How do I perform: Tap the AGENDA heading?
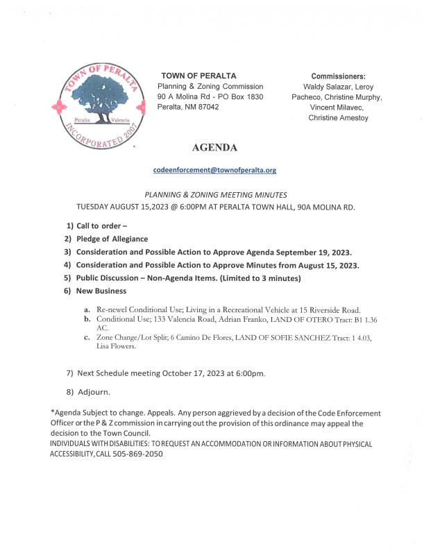point(215,148)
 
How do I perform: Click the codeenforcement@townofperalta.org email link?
point(215,170)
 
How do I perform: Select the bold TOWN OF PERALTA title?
point(198,75)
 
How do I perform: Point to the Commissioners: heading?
point(338,76)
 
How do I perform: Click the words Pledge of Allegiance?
point(112,239)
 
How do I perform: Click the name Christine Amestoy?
point(338,119)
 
